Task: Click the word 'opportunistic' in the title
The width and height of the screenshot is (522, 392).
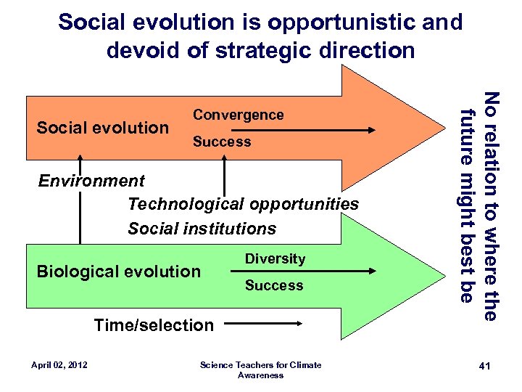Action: (x=337, y=23)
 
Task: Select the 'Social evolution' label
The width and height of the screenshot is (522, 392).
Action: (x=102, y=128)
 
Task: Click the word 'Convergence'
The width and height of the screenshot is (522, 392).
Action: (x=238, y=115)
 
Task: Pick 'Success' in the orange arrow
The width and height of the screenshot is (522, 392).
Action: (x=222, y=142)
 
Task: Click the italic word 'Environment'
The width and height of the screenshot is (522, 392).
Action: (x=91, y=180)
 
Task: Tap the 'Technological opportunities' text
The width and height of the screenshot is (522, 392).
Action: (x=243, y=204)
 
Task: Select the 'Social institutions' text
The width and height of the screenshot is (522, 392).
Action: (x=202, y=229)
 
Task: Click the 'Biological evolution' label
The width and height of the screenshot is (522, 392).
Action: (x=118, y=271)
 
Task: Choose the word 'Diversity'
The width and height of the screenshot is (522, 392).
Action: (x=275, y=258)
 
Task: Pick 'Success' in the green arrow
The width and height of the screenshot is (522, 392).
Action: (x=274, y=285)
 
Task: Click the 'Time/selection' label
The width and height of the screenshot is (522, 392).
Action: (x=154, y=325)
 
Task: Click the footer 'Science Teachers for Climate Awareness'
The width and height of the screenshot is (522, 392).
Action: (x=260, y=369)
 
